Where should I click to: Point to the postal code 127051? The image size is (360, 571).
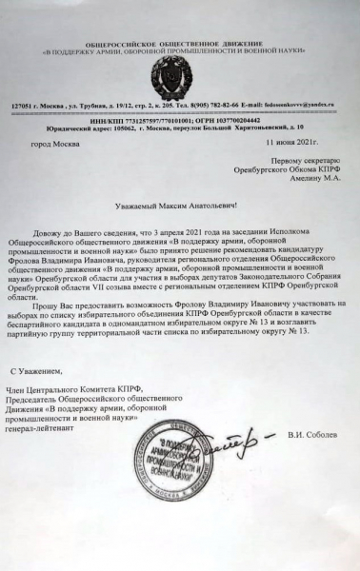tap(23, 101)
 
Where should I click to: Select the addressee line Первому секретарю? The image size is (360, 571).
tap(302, 161)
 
